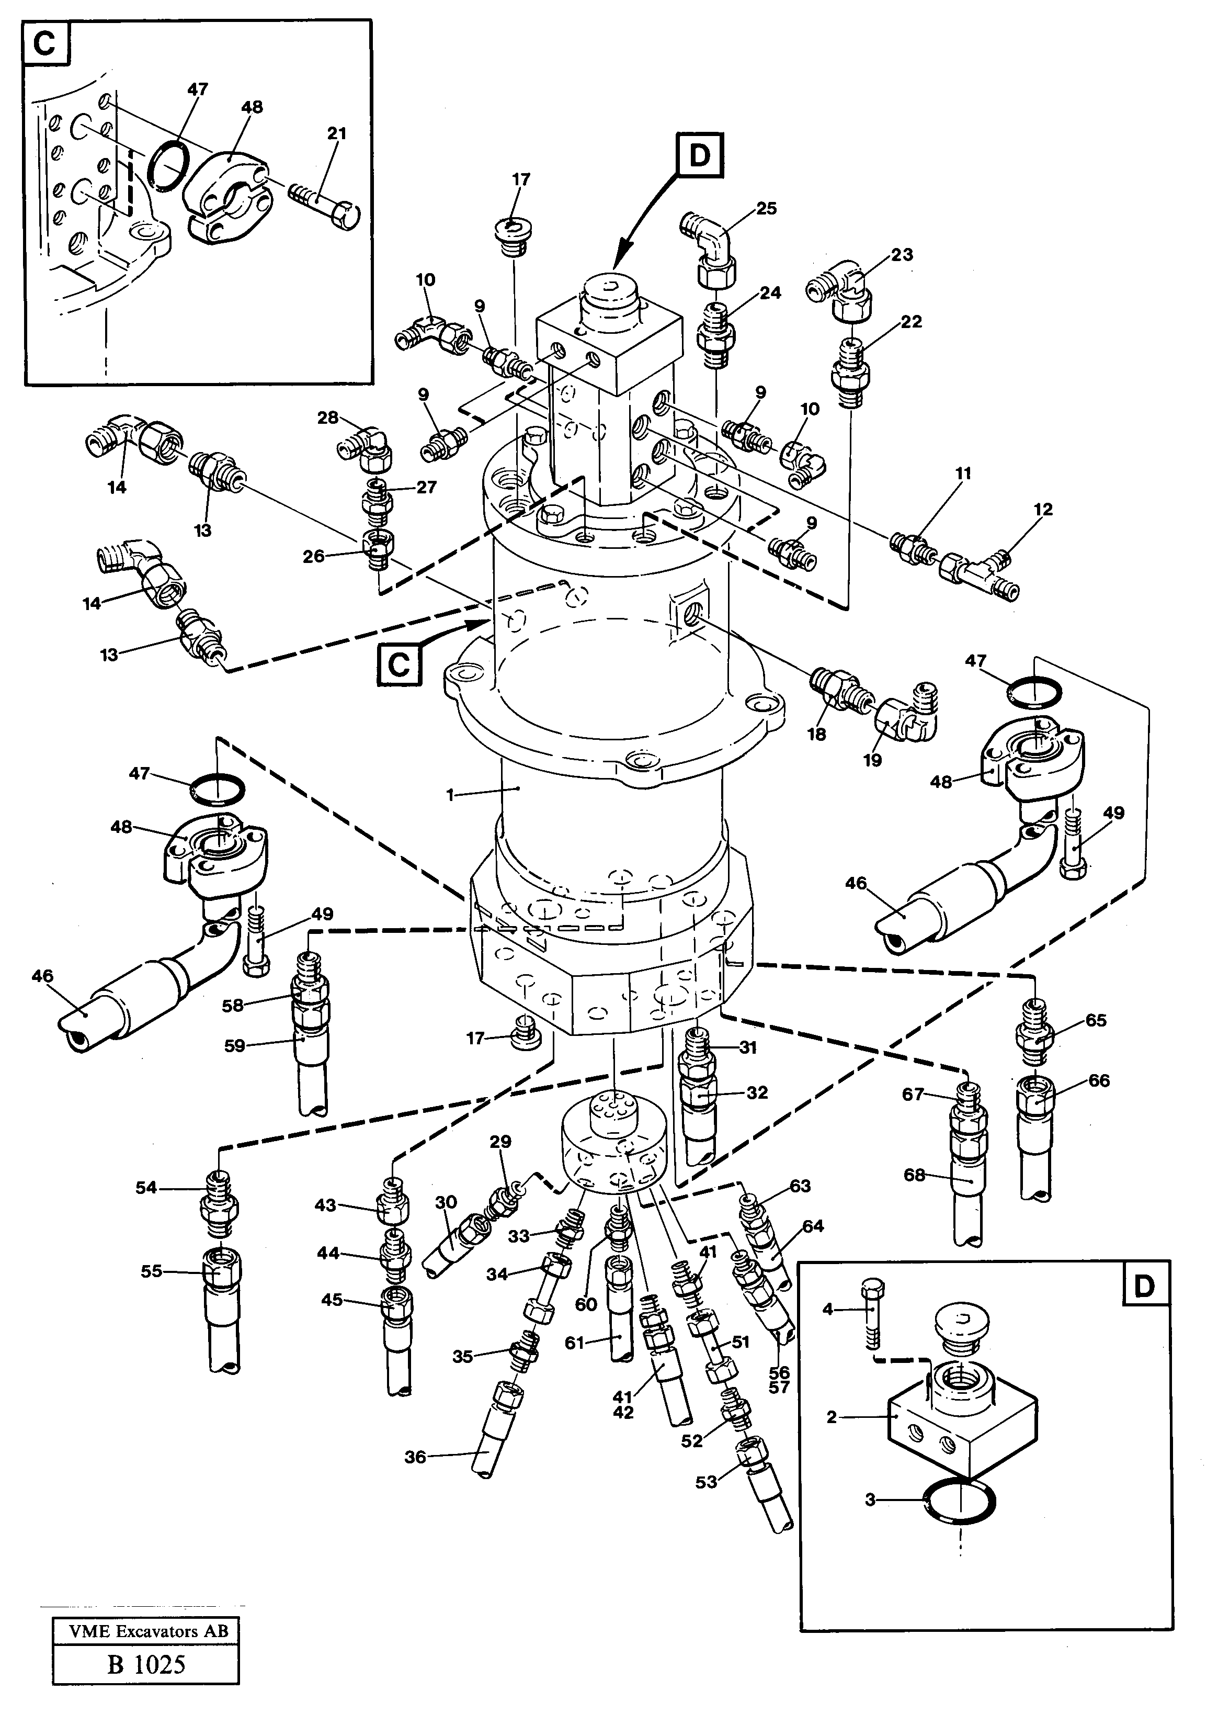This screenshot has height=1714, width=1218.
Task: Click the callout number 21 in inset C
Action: point(337,133)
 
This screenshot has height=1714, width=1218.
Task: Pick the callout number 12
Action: point(1042,509)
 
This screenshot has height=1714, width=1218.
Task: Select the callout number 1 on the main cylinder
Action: point(450,795)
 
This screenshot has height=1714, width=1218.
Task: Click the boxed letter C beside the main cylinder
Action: point(399,664)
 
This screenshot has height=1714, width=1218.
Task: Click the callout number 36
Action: point(415,1456)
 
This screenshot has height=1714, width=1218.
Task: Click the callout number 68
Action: point(914,1175)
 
